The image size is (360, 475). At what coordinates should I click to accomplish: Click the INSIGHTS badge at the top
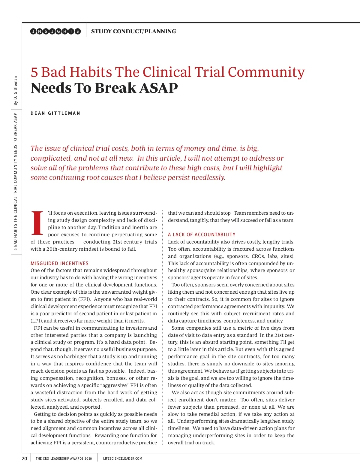55,31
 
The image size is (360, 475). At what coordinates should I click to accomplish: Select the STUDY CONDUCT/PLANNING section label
133,31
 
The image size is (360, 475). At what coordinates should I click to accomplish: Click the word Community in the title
266,72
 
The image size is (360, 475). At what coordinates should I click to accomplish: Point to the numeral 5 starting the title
34,72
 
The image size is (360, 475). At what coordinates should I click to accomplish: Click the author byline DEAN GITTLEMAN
55,113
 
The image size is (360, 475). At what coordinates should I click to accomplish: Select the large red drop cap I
37,223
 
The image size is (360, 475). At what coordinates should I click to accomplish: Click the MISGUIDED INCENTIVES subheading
59,263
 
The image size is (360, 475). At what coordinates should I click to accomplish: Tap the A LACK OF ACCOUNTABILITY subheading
202,234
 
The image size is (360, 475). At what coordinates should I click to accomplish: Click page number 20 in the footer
25,458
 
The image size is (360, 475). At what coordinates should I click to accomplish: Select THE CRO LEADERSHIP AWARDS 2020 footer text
64,458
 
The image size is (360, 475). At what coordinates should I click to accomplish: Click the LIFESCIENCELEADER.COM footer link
123,458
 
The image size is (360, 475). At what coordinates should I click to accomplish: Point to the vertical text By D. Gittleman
16,91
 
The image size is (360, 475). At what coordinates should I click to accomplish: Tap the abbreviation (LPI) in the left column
36,321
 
